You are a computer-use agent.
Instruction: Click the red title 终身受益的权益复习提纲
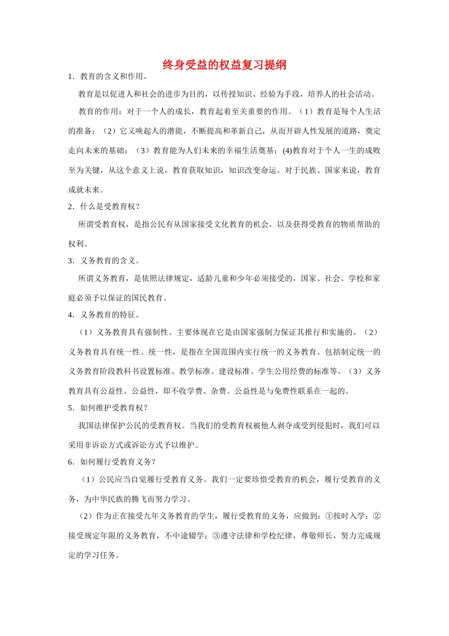click(224, 65)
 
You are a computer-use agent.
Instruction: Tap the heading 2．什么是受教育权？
click(104, 207)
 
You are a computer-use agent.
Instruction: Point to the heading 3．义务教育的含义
click(104, 261)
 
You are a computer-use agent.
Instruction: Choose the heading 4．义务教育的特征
click(104, 315)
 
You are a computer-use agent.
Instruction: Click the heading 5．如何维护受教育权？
click(108, 408)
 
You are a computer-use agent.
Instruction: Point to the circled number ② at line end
click(377, 516)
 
